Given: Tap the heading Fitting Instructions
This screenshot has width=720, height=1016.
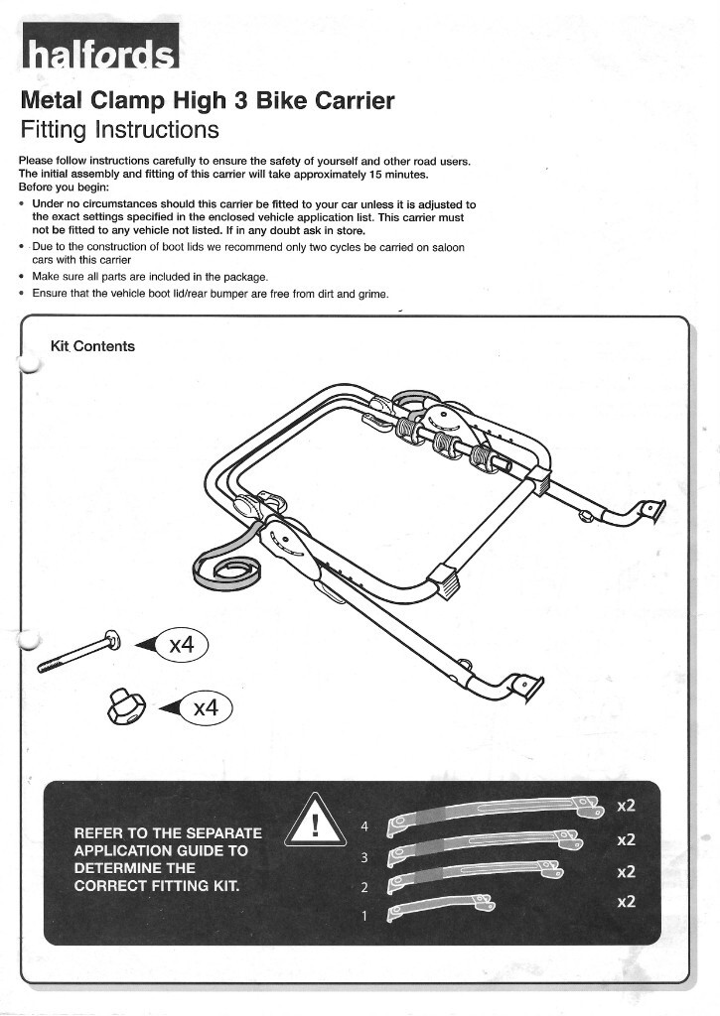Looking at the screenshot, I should point(119,130).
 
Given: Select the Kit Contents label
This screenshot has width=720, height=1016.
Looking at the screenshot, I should point(92,346).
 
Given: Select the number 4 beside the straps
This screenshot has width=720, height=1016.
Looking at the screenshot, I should point(363,826).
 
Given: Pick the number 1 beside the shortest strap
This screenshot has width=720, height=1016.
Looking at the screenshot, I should point(363,914).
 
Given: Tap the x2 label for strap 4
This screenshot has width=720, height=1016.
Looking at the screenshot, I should point(626,807).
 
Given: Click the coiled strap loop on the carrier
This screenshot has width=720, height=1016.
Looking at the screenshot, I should point(229,570).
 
